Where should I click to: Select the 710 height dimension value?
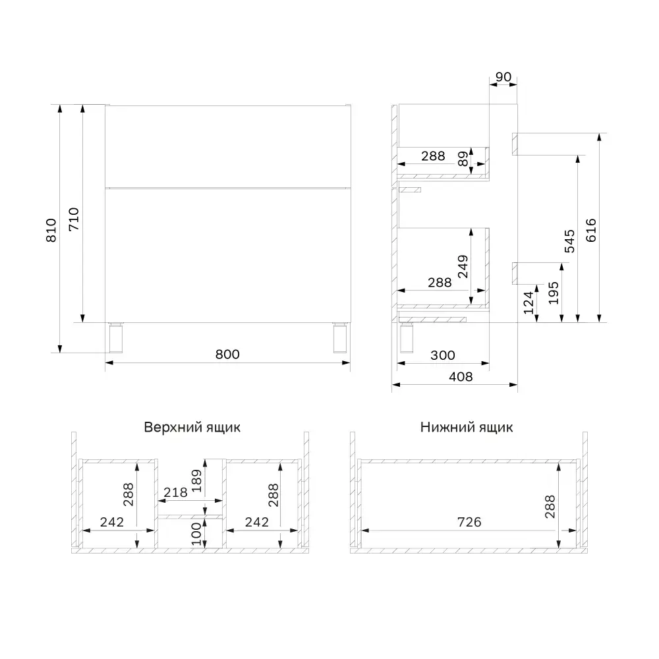[x=74, y=218]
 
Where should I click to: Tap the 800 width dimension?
[x=227, y=354]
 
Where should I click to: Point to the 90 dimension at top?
[x=503, y=77]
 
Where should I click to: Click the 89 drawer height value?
[x=463, y=159]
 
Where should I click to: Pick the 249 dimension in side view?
[x=463, y=267]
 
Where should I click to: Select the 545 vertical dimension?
[x=570, y=241]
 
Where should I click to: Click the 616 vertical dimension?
[x=590, y=230]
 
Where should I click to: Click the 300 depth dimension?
[x=443, y=355]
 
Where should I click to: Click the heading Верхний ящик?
[x=192, y=427]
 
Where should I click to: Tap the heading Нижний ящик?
[x=467, y=427]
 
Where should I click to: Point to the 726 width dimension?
[x=469, y=522]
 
